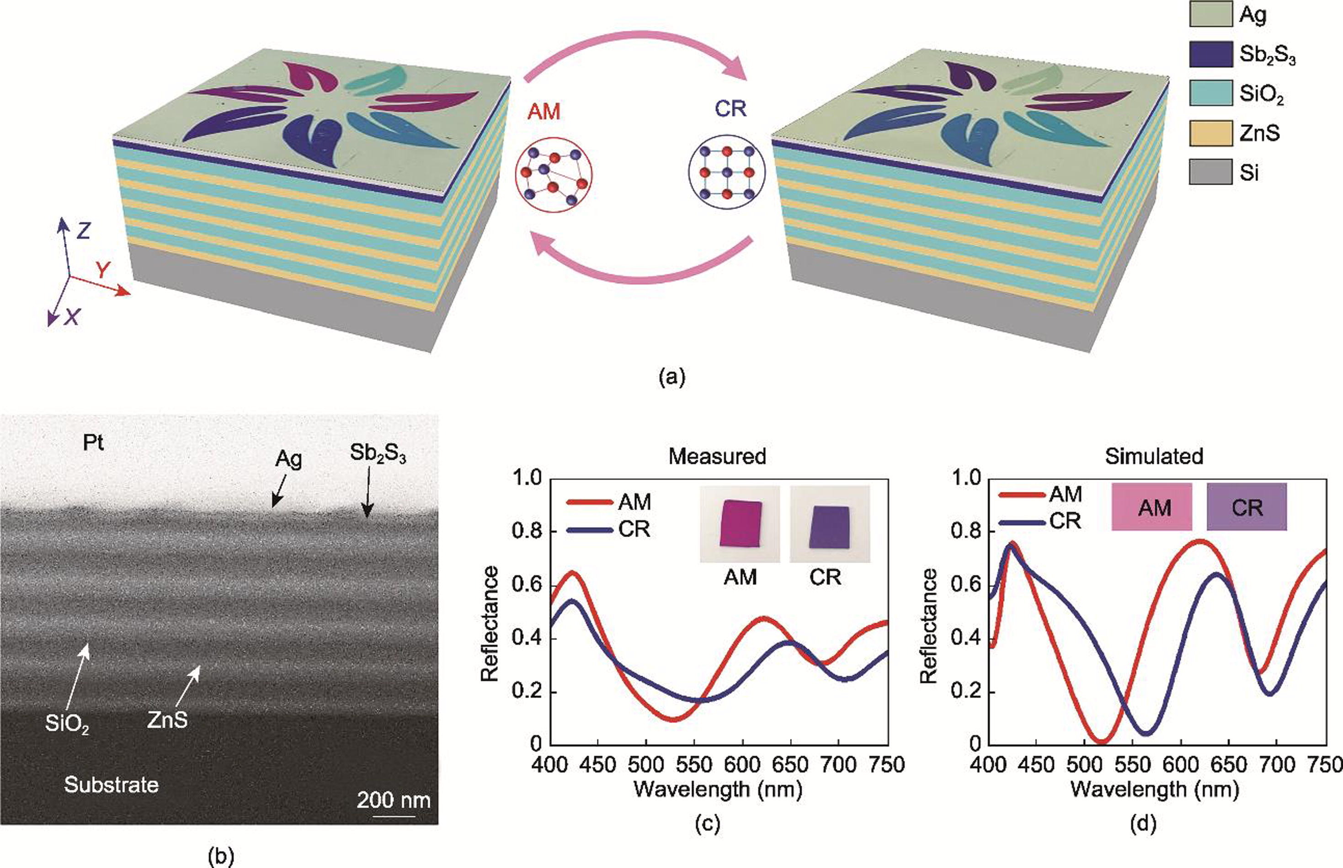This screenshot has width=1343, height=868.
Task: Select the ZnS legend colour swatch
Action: point(1210,133)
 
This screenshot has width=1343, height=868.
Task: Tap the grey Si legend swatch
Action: point(1210,172)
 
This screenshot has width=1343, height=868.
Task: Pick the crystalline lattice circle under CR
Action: point(727,172)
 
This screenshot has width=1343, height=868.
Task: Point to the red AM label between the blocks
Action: point(544,112)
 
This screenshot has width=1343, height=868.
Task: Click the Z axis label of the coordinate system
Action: point(83,230)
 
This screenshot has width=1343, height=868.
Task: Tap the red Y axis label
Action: point(102,271)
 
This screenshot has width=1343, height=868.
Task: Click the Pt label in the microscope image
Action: point(94,443)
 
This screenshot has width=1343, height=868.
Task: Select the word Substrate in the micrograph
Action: point(111,784)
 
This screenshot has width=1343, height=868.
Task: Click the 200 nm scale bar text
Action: point(394,800)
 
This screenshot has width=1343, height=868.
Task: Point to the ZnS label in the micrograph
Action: point(167,720)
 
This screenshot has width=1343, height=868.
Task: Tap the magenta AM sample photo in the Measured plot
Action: point(740,523)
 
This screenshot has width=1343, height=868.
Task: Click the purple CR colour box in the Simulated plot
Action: point(1247,507)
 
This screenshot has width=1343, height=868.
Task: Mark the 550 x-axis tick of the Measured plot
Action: point(694,764)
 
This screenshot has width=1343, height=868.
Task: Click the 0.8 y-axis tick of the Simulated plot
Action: point(966,532)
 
